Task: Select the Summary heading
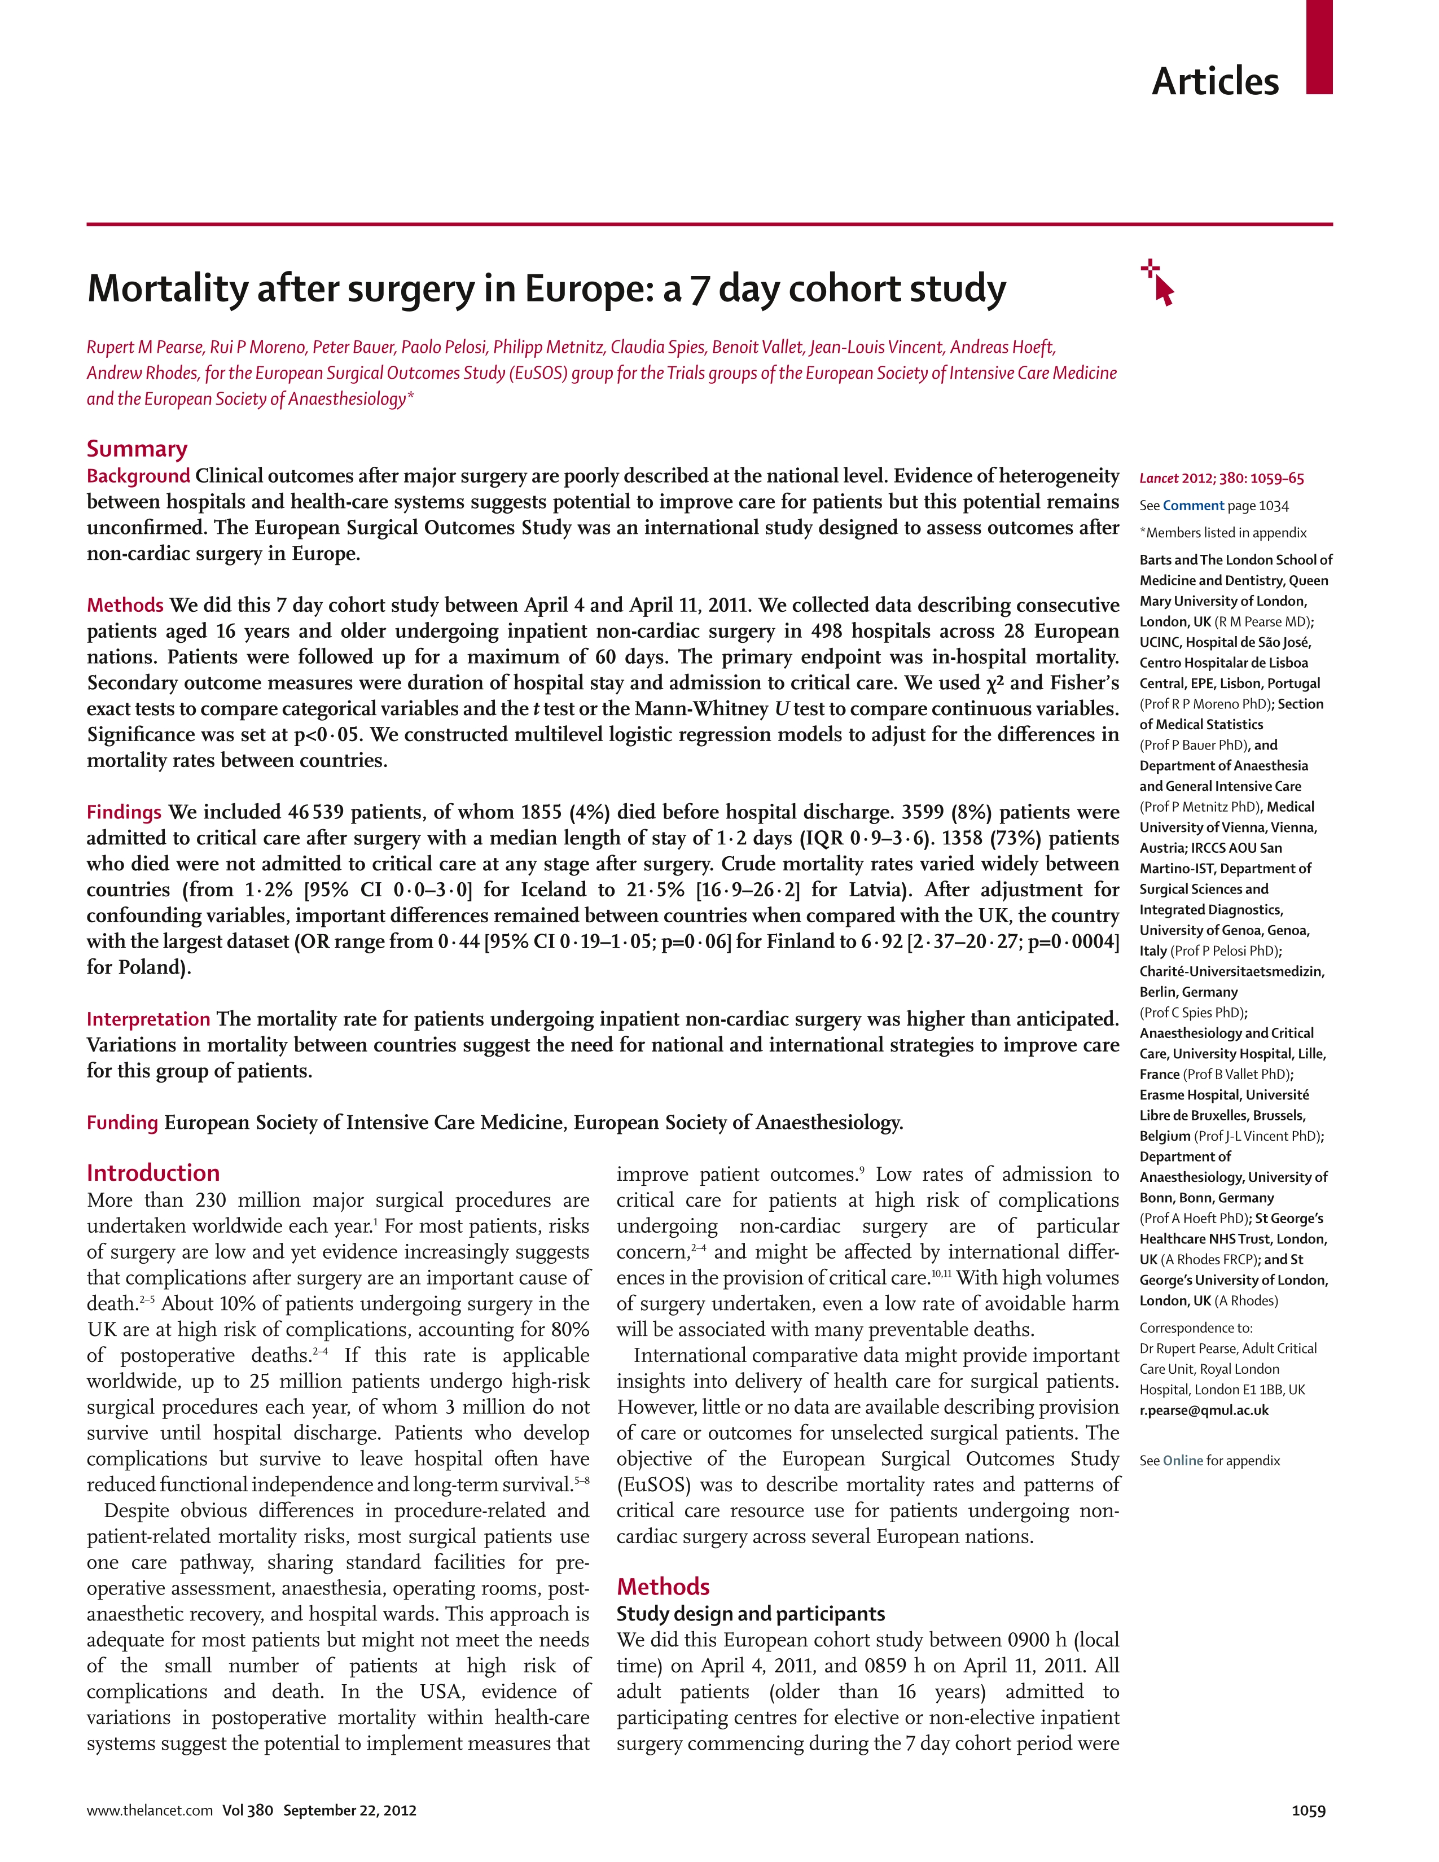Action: coord(137,449)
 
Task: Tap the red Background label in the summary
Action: coord(138,476)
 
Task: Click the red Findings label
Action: coord(124,812)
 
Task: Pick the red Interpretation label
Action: coord(148,1019)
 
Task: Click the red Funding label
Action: coord(122,1122)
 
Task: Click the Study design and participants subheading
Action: coord(750,1613)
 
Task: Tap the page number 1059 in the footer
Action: coord(1309,1810)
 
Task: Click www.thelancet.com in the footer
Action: coord(149,1810)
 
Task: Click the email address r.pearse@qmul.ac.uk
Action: coord(1203,1410)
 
